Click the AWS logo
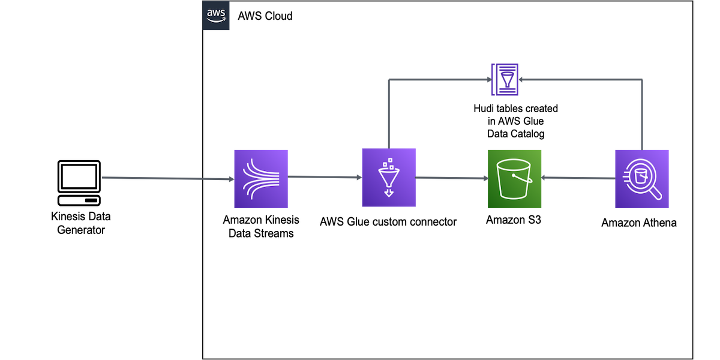click(216, 16)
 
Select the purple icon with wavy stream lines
click(261, 179)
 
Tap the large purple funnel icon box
click(389, 178)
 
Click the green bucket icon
click(515, 179)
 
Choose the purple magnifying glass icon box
click(642, 179)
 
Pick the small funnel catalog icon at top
click(505, 80)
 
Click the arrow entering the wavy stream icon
click(168, 178)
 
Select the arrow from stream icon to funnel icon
click(324, 178)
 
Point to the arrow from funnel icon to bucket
click(451, 178)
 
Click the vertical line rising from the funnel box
click(389, 114)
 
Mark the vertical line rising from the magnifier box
click(643, 114)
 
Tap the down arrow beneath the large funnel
click(388, 193)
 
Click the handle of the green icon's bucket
click(527, 178)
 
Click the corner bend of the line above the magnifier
click(643, 79)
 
